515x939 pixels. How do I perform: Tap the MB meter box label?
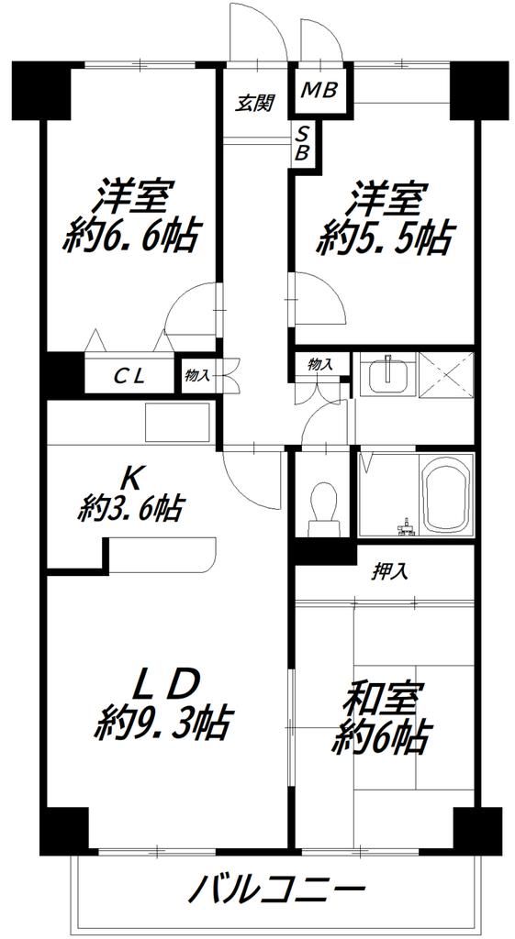(320, 90)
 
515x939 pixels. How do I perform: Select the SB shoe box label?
(301, 144)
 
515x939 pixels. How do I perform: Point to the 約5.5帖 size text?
(384, 238)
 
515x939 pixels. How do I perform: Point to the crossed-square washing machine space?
(445, 374)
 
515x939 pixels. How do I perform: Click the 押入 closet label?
(390, 571)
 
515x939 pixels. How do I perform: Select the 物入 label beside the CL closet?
(197, 375)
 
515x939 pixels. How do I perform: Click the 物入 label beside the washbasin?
(320, 365)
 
